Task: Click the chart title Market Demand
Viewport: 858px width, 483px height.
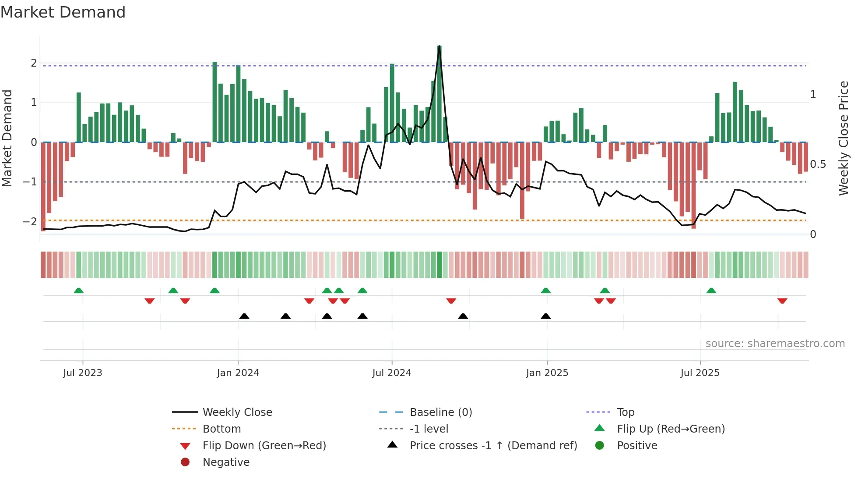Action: pos(63,12)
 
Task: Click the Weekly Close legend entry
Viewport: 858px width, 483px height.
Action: pos(237,412)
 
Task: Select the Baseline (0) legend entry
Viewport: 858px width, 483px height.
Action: pos(440,412)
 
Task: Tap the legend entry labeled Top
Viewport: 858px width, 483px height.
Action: pos(625,412)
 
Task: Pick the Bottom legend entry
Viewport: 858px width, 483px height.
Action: pos(222,429)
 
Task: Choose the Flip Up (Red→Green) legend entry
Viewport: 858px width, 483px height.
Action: pos(670,429)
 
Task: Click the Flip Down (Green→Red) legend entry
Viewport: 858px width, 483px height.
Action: pos(264,446)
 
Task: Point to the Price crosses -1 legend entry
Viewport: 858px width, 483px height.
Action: pos(493,446)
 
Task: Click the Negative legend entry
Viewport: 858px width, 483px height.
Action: pos(226,462)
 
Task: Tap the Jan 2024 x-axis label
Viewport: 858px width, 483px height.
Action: pos(238,373)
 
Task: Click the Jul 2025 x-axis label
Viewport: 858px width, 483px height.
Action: pos(700,373)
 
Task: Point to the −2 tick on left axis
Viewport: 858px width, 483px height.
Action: pos(30,221)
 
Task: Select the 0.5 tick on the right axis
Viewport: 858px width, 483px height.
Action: pos(818,164)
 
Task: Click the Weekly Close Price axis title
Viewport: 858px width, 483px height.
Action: pos(843,138)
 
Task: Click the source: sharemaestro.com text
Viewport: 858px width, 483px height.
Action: pos(775,344)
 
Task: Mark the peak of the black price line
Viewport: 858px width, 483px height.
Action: pos(439,46)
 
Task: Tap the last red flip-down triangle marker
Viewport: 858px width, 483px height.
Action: pos(782,301)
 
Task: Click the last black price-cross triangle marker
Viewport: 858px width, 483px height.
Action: pos(545,316)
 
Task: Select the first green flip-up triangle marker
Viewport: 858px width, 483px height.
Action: pos(78,291)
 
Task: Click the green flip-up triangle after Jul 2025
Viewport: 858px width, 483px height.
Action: pos(711,291)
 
